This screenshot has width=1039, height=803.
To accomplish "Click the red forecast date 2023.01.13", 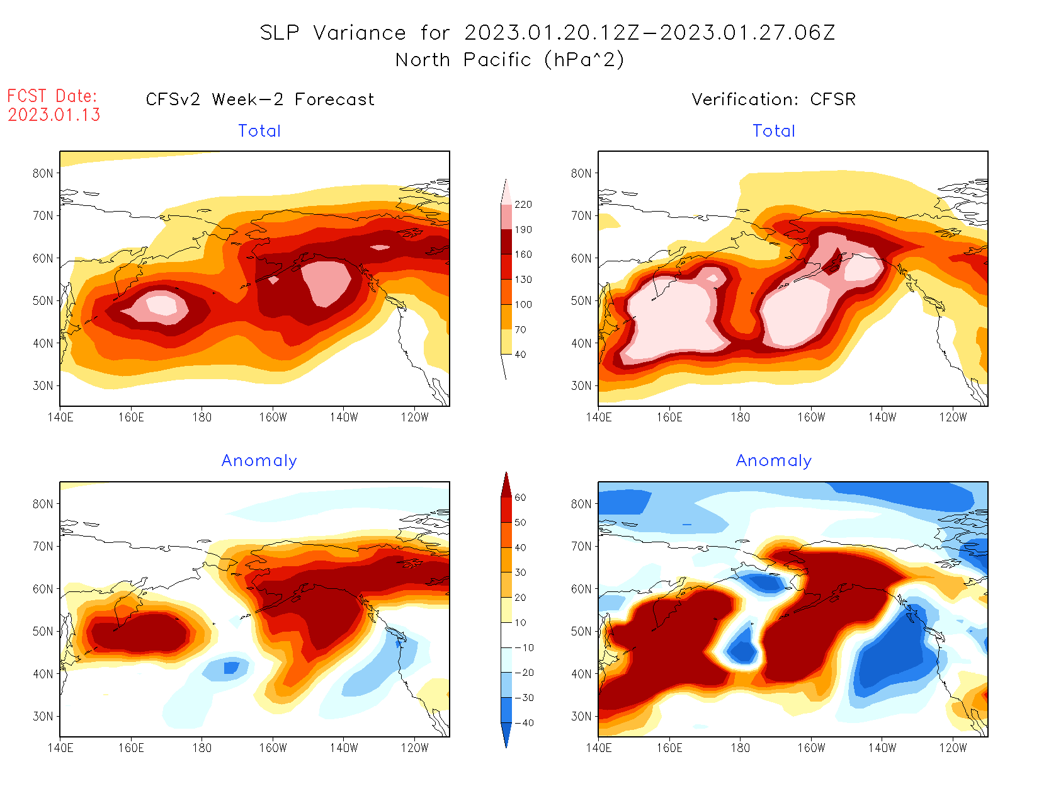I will pyautogui.click(x=54, y=115).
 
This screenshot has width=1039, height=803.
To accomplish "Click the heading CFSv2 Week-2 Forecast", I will pyautogui.click(x=259, y=100).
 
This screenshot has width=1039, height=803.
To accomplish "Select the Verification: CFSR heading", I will pyautogui.click(x=773, y=100).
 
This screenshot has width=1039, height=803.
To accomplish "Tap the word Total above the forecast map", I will pyautogui.click(x=259, y=131).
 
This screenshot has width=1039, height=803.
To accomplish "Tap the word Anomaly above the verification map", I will pyautogui.click(x=773, y=461).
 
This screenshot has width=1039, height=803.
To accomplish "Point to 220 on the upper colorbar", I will pyautogui.click(x=523, y=205).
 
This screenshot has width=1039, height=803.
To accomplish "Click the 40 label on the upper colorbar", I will pyautogui.click(x=520, y=355).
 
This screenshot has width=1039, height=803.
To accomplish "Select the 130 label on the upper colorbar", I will pyautogui.click(x=523, y=280).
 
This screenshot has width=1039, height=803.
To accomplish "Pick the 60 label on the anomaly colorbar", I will pyautogui.click(x=520, y=498).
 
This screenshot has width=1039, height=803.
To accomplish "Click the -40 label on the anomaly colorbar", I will pyautogui.click(x=524, y=723).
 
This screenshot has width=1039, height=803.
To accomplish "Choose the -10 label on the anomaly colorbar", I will pyautogui.click(x=524, y=647).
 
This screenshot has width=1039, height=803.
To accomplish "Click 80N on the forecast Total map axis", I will pyautogui.click(x=43, y=173).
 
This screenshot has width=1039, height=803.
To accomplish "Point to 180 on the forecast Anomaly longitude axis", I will pyautogui.click(x=202, y=748).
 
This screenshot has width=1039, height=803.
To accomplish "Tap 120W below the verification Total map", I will pyautogui.click(x=953, y=417).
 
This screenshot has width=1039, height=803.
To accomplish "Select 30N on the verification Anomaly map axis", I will pyautogui.click(x=581, y=717).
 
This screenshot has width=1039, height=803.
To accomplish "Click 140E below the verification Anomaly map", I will pyautogui.click(x=599, y=748).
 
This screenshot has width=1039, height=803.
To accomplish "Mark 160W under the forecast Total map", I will pyautogui.click(x=273, y=417).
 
